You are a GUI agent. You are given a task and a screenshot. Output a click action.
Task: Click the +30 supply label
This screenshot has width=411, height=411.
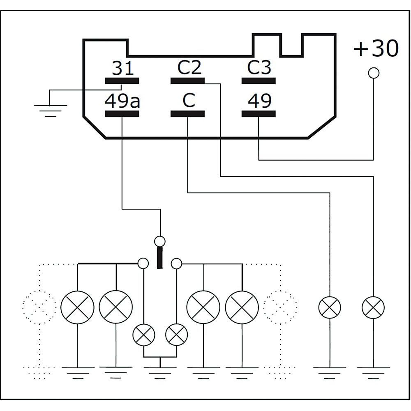pyautogui.click(x=376, y=49)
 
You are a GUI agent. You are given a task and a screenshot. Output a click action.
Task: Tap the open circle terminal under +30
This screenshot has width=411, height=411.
pyautogui.click(x=374, y=73)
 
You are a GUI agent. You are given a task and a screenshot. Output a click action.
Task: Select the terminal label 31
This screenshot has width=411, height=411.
pyautogui.click(x=123, y=68)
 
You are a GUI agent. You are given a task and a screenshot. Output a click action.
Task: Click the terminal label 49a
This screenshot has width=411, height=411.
pyautogui.click(x=122, y=101)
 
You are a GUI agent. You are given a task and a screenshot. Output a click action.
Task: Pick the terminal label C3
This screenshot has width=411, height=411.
pyautogui.click(x=259, y=68)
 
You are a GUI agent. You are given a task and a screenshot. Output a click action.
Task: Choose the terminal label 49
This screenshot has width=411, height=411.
pyautogui.click(x=259, y=101)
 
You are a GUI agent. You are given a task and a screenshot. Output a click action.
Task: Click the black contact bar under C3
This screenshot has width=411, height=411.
pyautogui.click(x=258, y=81)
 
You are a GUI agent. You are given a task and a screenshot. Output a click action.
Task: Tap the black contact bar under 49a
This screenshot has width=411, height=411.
pyautogui.click(x=122, y=114)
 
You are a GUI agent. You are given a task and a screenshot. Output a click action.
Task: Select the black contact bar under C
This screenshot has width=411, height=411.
pyautogui.click(x=187, y=114)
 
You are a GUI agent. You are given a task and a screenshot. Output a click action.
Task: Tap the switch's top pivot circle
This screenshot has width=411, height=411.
pyautogui.click(x=159, y=241)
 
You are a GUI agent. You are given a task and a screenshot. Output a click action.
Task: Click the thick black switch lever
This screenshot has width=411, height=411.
pyautogui.click(x=159, y=258)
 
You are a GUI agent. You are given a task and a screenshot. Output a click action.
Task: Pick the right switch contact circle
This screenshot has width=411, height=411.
pyautogui.click(x=176, y=263)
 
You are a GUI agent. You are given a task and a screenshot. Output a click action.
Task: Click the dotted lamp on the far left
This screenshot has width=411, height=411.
pyautogui.click(x=39, y=307)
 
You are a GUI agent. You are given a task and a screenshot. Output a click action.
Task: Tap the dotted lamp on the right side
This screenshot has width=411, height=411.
pyautogui.click(x=280, y=307)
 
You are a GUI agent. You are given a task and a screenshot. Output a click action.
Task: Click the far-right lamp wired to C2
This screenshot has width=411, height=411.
pyautogui.click(x=373, y=307)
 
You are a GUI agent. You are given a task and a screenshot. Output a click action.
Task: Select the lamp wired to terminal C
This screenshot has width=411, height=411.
pyautogui.click(x=330, y=307)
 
